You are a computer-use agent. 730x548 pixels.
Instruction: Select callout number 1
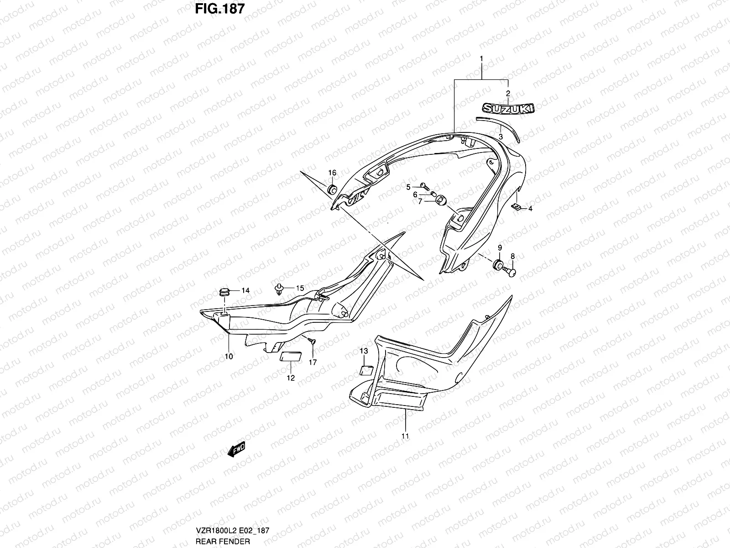coord(481,59)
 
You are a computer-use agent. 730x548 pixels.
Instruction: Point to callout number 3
coord(501,137)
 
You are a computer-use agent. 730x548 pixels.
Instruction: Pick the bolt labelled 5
coord(425,186)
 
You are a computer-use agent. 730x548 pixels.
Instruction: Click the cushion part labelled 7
coord(441,200)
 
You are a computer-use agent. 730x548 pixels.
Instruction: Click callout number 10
coord(229,356)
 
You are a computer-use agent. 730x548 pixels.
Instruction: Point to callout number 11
coord(405,436)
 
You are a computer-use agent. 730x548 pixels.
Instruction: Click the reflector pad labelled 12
coord(289,357)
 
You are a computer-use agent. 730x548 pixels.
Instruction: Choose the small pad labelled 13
coord(367,369)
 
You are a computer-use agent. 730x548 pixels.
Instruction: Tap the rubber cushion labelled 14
coord(224,291)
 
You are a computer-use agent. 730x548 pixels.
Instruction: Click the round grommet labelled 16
coord(332,189)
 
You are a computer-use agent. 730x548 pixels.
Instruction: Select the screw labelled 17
coord(310,340)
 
